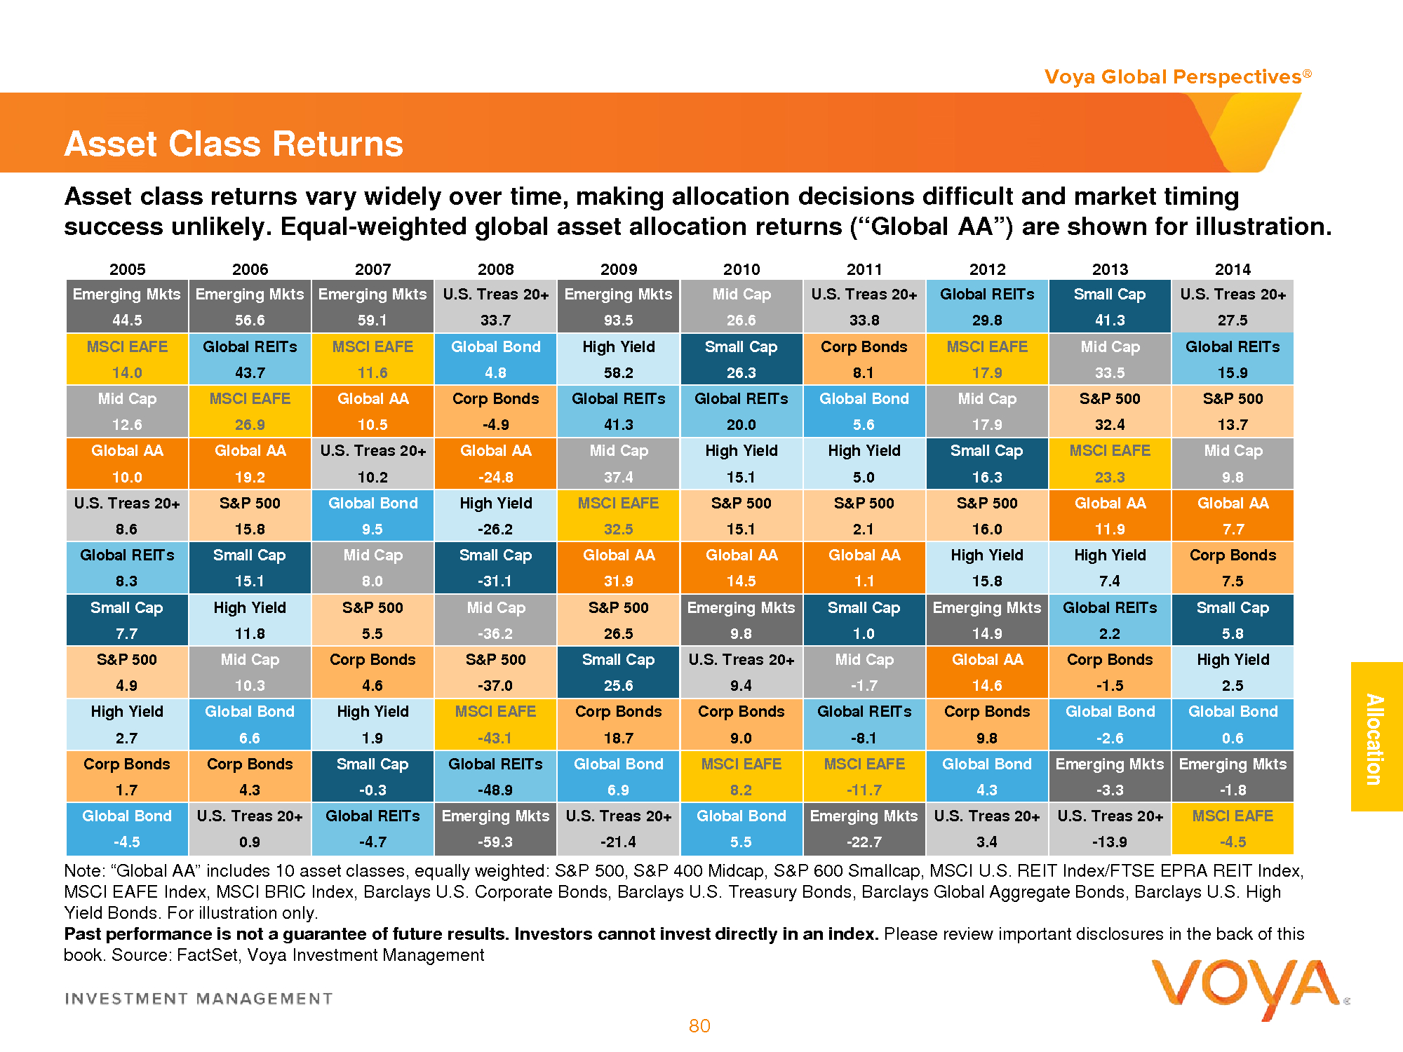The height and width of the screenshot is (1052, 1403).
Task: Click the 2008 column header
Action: click(x=495, y=269)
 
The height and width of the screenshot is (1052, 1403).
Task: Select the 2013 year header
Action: click(x=1110, y=269)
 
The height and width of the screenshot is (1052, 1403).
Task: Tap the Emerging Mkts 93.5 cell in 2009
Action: click(x=618, y=306)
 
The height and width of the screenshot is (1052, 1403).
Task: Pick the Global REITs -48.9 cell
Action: click(x=495, y=776)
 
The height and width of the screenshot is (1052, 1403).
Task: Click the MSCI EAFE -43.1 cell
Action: click(x=495, y=724)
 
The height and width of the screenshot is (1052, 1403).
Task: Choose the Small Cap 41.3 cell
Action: click(x=1110, y=306)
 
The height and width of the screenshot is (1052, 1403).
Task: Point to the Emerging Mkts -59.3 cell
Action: click(x=495, y=828)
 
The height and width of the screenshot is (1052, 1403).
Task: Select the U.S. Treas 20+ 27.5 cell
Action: click(x=1233, y=306)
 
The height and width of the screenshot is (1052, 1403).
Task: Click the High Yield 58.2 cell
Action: click(x=618, y=359)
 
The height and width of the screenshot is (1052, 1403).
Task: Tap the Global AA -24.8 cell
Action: click(x=495, y=464)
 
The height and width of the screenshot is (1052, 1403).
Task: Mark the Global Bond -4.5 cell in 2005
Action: click(x=127, y=828)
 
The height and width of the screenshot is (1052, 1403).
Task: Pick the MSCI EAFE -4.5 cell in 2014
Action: click(x=1233, y=828)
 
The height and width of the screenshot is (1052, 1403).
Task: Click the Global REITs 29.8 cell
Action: click(x=987, y=306)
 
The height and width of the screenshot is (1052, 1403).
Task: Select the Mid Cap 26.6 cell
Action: click(x=741, y=306)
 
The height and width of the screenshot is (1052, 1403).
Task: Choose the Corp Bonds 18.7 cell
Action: click(x=618, y=724)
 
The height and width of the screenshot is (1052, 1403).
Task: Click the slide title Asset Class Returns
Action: click(x=234, y=144)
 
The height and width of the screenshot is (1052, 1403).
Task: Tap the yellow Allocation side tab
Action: click(x=1376, y=737)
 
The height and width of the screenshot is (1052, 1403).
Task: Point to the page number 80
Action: click(x=699, y=1026)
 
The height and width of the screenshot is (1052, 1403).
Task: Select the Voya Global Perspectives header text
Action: click(x=1176, y=76)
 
